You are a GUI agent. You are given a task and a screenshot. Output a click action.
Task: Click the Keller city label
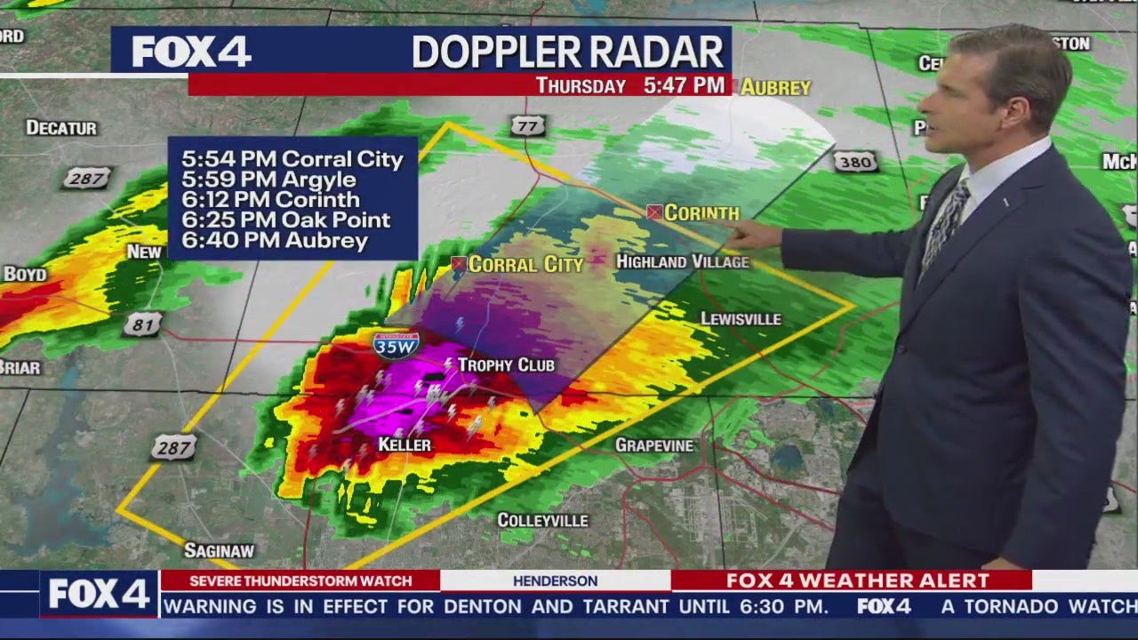pyautogui.click(x=405, y=444)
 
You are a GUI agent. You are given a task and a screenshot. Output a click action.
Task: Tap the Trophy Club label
pyautogui.click(x=506, y=365)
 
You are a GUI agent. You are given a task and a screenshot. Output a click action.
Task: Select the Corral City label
pyautogui.click(x=525, y=264)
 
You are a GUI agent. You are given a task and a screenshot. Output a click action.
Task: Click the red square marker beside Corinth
pyautogui.click(x=654, y=212)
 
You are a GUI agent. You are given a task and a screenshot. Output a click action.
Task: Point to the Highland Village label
pyautogui.click(x=683, y=261)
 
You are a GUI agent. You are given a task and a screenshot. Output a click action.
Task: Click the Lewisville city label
pyautogui.click(x=741, y=318)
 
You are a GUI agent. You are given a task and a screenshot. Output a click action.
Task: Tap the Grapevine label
pyautogui.click(x=654, y=444)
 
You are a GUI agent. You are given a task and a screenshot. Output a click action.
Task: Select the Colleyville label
pyautogui.click(x=542, y=520)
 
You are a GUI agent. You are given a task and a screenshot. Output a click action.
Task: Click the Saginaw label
pyautogui.click(x=219, y=551)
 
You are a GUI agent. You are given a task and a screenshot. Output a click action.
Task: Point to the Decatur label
pyautogui.click(x=61, y=128)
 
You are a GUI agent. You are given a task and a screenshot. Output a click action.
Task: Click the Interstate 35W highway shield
pyautogui.click(x=397, y=344)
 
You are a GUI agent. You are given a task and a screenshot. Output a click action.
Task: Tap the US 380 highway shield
pyautogui.click(x=855, y=161)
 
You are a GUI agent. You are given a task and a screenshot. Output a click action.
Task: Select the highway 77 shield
pyautogui.click(x=527, y=126)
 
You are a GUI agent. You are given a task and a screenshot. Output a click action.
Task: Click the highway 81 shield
pyautogui.click(x=142, y=324)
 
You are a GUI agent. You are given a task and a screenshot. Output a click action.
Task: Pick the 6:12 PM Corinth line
pyautogui.click(x=271, y=200)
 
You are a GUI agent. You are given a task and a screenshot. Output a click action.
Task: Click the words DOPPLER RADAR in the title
pyautogui.click(x=568, y=52)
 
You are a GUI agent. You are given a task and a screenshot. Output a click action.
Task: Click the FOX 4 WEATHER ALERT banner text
pyautogui.click(x=857, y=580)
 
